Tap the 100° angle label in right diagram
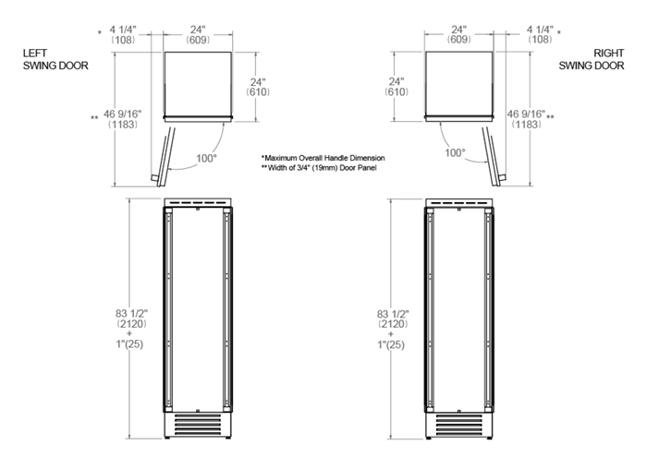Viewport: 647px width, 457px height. [455, 151]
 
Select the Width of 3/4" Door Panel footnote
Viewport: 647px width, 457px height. [323, 168]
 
